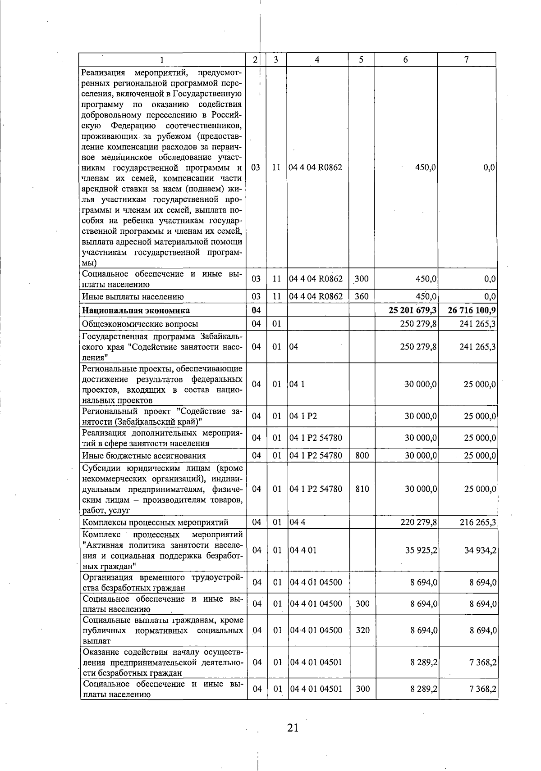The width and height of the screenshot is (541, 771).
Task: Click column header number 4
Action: coord(317,59)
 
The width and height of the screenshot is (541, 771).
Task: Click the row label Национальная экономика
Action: coord(136,310)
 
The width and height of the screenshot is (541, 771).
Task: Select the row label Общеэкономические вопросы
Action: coord(140,324)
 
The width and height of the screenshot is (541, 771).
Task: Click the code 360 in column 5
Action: coord(362,296)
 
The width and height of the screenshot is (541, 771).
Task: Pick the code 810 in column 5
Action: coord(362,489)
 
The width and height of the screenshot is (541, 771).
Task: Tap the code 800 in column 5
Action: coord(362,455)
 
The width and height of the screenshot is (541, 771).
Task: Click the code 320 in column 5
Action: coord(362,630)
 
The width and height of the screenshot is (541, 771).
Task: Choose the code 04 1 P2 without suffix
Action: coord(303,416)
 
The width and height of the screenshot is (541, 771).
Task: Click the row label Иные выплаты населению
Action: coord(133,296)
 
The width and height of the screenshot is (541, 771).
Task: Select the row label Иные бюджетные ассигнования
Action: coord(144,455)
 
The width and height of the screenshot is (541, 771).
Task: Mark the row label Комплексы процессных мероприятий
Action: coord(155,522)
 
